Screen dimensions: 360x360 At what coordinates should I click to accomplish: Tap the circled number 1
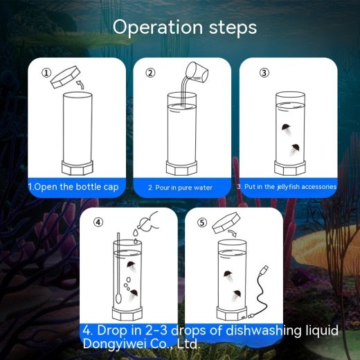(46, 72)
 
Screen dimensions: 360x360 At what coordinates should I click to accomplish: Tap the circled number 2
(151, 72)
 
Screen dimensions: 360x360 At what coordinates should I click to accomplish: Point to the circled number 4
(98, 222)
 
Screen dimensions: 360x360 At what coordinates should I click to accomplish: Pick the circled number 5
(202, 222)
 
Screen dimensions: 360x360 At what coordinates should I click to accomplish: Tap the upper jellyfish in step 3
(286, 128)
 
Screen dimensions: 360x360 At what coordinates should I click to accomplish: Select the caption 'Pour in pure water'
(180, 188)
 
